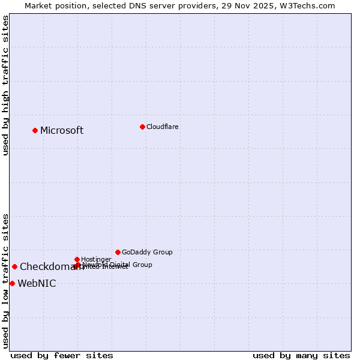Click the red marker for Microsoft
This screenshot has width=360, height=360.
click(x=35, y=130)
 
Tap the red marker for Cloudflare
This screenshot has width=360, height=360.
click(x=142, y=127)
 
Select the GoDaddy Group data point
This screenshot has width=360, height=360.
click(x=118, y=252)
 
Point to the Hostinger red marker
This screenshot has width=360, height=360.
click(x=77, y=259)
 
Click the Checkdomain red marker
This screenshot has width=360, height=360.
click(x=14, y=266)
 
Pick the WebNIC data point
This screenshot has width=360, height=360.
click(x=12, y=283)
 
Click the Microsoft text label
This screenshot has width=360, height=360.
click(x=62, y=131)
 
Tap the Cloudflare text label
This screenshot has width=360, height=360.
click(x=162, y=127)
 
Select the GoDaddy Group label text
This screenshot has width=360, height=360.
click(x=147, y=253)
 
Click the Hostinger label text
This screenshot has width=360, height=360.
click(x=96, y=260)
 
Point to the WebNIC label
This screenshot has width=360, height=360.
click(x=37, y=284)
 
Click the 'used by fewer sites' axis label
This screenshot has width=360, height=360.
click(x=62, y=356)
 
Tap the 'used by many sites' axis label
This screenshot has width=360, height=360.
click(x=301, y=356)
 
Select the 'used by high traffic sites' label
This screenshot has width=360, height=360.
click(x=5, y=85)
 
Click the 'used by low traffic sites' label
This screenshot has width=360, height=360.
click(x=5, y=281)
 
